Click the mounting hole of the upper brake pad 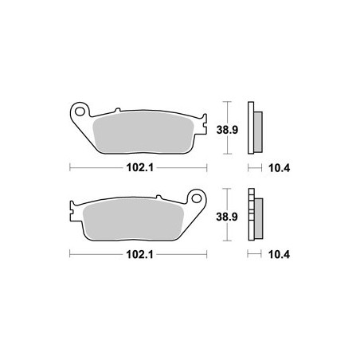coord(80,112)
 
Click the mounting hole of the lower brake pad coord(197,198)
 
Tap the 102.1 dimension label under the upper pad coord(140,168)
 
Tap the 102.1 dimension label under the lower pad coord(139,255)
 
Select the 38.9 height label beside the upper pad coord(227,130)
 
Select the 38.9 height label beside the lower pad coord(227,217)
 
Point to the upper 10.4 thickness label coord(279,168)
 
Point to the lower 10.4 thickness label coord(279,255)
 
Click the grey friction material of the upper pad coord(143,132)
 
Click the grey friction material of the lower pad coord(134,219)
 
